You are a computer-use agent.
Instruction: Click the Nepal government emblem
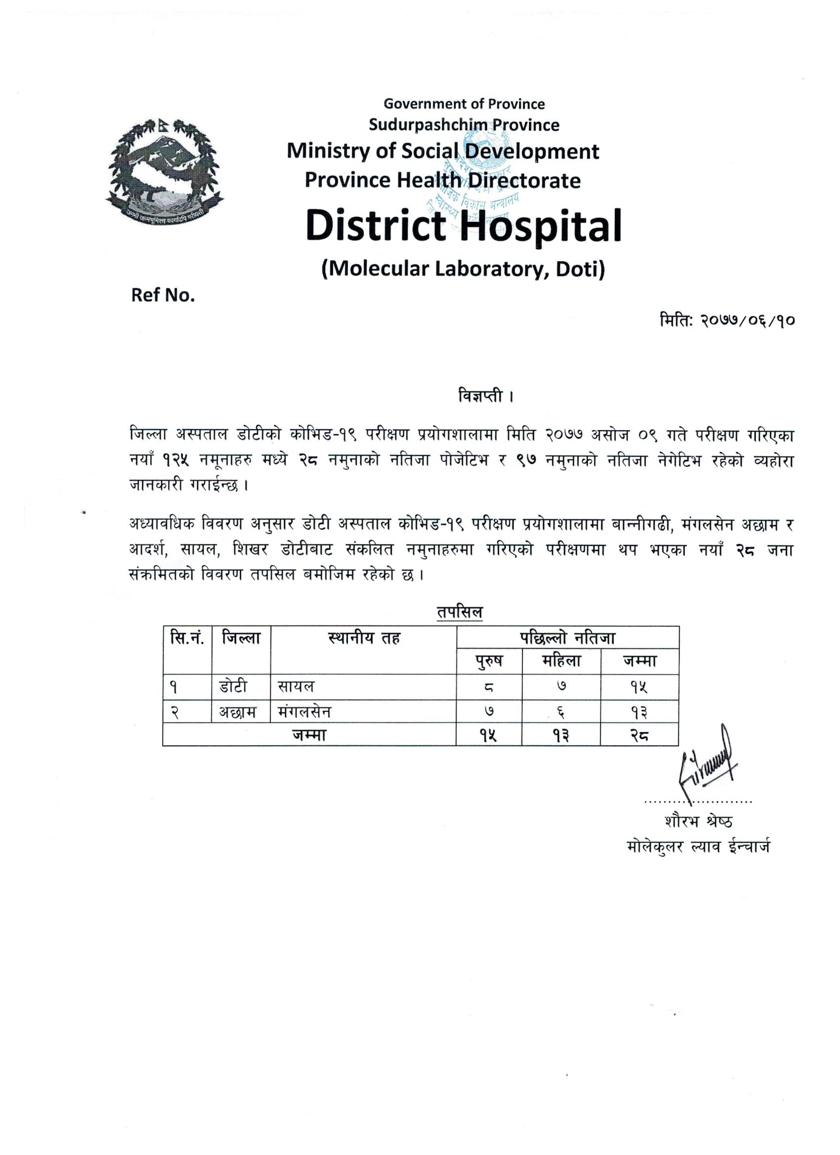click(164, 169)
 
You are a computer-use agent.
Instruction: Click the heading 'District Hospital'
click(463, 225)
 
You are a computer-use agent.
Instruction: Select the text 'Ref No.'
click(163, 295)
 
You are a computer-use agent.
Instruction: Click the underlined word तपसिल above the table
click(460, 613)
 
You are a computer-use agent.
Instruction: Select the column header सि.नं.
click(187, 638)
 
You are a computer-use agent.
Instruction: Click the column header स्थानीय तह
click(364, 638)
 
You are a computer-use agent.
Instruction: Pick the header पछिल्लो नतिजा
click(567, 638)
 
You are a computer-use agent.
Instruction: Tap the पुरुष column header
click(489, 661)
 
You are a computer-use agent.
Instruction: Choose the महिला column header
click(561, 661)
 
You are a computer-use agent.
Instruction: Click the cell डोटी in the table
click(233, 687)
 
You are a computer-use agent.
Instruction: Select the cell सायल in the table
click(296, 687)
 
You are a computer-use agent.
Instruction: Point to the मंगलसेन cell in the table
click(304, 712)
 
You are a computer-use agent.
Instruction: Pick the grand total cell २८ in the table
click(639, 736)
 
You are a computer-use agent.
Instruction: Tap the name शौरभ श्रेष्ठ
click(698, 821)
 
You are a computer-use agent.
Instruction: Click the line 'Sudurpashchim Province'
click(463, 125)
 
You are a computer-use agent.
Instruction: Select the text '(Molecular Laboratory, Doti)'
click(463, 269)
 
